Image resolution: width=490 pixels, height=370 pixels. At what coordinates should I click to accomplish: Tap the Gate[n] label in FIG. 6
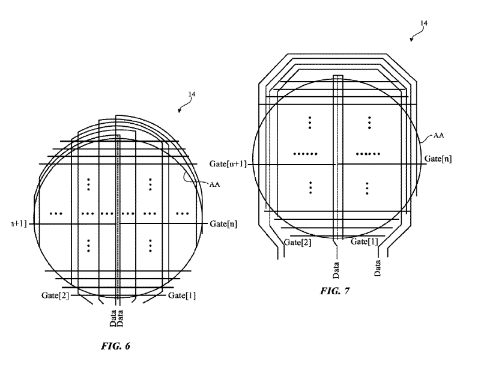coord(223,224)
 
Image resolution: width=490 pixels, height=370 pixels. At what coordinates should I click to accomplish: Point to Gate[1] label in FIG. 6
coord(182,296)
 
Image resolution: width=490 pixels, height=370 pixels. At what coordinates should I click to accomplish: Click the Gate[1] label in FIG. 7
coord(364,241)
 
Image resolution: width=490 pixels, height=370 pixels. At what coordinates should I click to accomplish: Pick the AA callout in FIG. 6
coord(214,184)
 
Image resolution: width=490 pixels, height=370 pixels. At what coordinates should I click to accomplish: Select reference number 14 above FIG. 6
coord(192,94)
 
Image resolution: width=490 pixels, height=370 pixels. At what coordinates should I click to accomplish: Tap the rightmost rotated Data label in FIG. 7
coord(378,267)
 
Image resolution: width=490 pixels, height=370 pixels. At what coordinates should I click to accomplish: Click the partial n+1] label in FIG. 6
coord(16,224)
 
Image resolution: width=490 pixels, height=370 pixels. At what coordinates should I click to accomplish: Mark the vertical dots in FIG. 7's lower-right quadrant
coord(367,187)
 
